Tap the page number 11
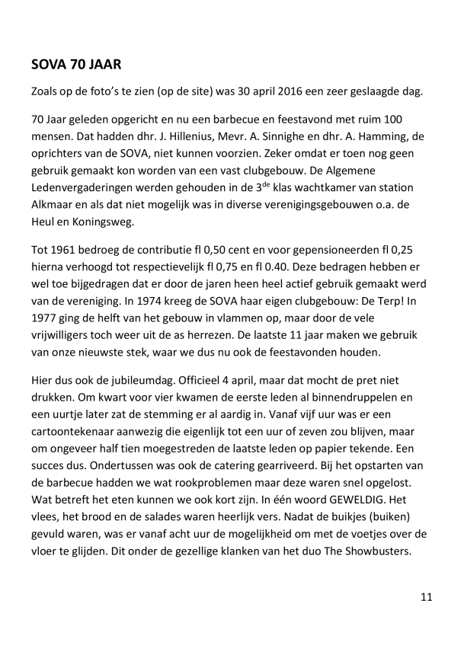(x=426, y=597)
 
